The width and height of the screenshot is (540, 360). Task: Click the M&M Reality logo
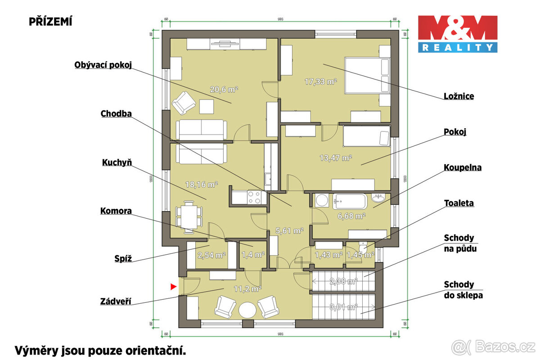pos(458,34)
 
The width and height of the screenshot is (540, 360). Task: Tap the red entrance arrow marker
pos(173,286)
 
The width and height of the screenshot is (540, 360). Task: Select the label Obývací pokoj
pos(103,65)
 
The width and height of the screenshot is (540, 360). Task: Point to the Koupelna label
pos(462,167)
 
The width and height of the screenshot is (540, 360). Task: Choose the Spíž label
pos(122,258)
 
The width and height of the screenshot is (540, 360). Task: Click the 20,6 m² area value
pos(224,90)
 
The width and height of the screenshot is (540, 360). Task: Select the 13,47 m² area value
pos(336,157)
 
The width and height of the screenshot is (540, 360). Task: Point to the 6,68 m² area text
pos(351,216)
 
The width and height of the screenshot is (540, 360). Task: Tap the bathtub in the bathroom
pos(350,201)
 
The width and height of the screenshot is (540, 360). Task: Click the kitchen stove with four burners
pos(255,197)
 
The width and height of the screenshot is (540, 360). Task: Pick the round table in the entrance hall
pos(247,310)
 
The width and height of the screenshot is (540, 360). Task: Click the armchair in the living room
pos(184,103)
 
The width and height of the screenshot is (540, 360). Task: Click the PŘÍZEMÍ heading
pos(50,21)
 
